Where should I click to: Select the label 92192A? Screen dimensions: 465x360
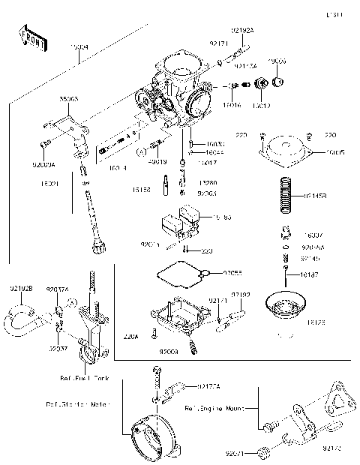(x=241, y=31)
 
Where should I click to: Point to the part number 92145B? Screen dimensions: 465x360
(x=316, y=196)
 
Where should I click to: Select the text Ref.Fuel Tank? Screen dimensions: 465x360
(x=84, y=378)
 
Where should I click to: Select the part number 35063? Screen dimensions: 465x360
(x=70, y=97)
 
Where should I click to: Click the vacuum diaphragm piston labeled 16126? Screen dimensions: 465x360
(x=288, y=306)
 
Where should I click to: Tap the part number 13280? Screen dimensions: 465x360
(x=208, y=182)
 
